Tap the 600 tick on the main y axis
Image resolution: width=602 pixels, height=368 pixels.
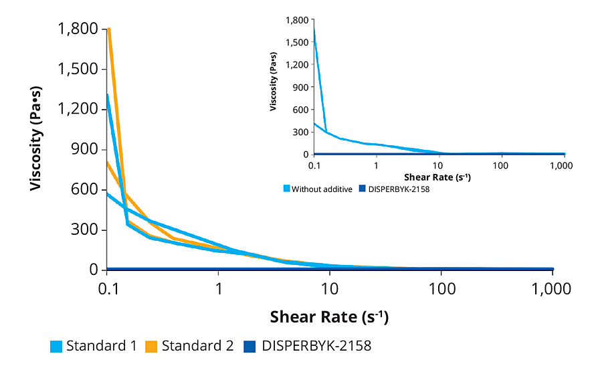(86, 190)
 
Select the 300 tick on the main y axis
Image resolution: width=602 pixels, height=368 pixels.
(86, 230)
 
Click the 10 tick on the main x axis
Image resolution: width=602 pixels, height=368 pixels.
(329, 290)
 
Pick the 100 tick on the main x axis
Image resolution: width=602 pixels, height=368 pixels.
(441, 290)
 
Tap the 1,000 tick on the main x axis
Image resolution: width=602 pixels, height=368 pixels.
(551, 290)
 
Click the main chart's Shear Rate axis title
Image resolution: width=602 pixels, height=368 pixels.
(329, 316)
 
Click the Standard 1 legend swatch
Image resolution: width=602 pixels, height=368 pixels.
(56, 347)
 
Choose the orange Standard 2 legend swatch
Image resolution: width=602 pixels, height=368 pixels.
(150, 347)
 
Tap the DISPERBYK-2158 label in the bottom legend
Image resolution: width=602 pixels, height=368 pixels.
(316, 347)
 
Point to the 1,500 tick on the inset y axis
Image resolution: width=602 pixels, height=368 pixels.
(298, 42)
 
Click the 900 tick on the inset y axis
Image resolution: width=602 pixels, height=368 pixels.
(300, 87)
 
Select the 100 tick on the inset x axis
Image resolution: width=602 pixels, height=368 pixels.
(502, 165)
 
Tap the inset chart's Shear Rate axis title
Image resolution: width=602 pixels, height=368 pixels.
(438, 177)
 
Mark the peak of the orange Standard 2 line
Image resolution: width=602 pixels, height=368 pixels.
(108, 29)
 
